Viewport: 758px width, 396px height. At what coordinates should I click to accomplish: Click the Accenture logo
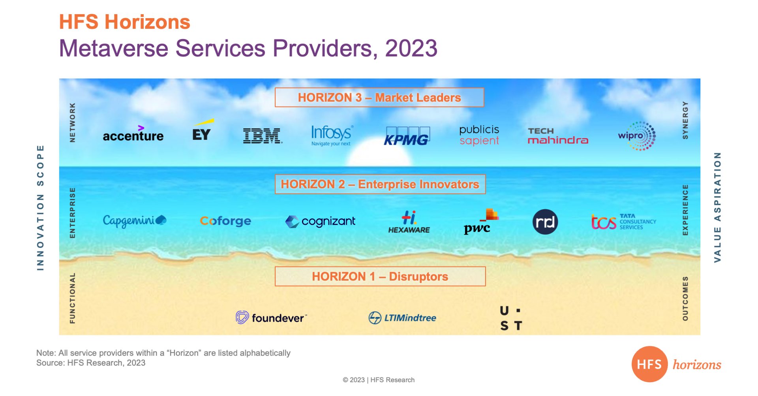[133, 134]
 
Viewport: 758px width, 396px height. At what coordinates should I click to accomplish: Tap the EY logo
[202, 130]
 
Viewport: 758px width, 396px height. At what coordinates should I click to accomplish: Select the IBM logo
[263, 135]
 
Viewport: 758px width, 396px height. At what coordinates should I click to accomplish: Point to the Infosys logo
[332, 135]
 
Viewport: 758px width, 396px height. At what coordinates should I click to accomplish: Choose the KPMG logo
[407, 136]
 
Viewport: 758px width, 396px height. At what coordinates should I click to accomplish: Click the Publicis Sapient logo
[479, 135]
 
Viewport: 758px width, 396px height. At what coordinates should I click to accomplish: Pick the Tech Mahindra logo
[558, 136]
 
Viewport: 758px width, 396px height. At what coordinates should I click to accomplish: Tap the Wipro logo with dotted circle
[637, 136]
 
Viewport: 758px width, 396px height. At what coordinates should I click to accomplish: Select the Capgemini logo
[135, 221]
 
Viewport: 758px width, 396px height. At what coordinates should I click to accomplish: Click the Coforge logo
[225, 221]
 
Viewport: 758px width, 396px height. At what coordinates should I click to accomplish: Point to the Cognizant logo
[320, 221]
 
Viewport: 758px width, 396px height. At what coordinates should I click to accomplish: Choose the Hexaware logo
[409, 222]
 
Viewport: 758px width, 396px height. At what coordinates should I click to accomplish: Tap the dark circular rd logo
[545, 222]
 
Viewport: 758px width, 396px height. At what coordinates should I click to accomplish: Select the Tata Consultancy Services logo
[624, 221]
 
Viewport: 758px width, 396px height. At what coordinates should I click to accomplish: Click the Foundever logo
[271, 317]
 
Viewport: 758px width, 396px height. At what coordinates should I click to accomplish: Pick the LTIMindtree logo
[402, 317]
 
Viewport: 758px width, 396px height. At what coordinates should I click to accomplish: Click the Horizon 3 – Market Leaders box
[379, 98]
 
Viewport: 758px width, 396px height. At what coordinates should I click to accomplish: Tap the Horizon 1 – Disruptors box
[380, 276]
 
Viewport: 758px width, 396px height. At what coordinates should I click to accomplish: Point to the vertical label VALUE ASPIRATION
[717, 207]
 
